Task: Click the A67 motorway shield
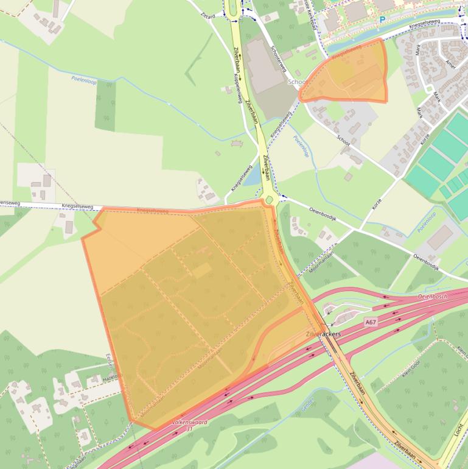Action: coord(371,322)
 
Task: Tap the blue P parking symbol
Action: coord(382,20)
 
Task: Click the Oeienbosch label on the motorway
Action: coord(433,296)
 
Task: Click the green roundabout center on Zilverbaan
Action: coord(269,200)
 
